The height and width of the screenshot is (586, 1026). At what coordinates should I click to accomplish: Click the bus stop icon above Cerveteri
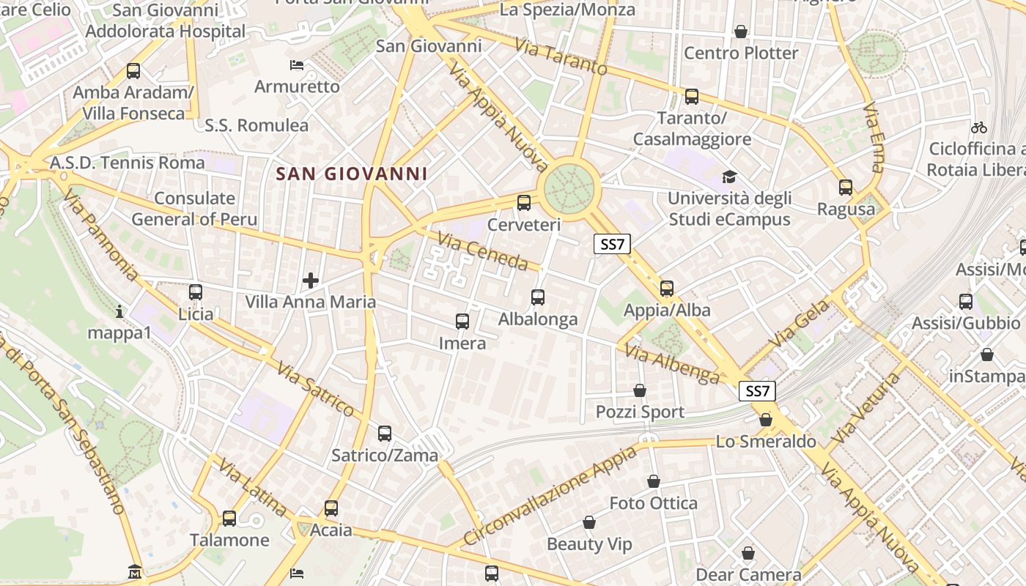(524, 203)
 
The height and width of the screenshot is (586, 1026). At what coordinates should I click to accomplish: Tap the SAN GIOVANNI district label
(351, 174)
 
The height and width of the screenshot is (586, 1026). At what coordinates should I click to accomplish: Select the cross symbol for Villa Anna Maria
(311, 280)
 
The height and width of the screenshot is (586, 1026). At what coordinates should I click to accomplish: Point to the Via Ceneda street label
(483, 251)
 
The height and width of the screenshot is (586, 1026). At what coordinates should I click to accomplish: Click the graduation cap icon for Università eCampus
(729, 177)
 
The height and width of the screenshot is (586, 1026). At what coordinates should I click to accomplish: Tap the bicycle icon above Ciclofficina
(978, 127)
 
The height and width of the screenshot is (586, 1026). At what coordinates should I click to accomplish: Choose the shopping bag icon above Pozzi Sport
(640, 390)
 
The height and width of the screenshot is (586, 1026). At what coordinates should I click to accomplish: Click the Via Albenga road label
(673, 364)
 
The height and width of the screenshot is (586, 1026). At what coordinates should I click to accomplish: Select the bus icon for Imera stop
(462, 321)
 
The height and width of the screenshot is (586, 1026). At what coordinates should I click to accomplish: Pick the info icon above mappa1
(119, 312)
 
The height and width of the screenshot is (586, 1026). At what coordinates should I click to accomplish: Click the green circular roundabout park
(569, 188)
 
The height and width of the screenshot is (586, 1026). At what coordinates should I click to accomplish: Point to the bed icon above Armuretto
(297, 65)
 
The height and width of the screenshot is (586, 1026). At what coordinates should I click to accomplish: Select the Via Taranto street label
(561, 56)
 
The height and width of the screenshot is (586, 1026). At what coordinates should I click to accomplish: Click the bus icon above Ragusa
(846, 188)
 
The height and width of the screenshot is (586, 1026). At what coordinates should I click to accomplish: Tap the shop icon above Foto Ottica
(654, 481)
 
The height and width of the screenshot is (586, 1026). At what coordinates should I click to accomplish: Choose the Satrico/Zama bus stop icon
(385, 434)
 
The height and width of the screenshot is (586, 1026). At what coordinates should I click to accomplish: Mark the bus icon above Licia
(196, 292)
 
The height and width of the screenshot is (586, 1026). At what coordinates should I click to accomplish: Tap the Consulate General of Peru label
(194, 209)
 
